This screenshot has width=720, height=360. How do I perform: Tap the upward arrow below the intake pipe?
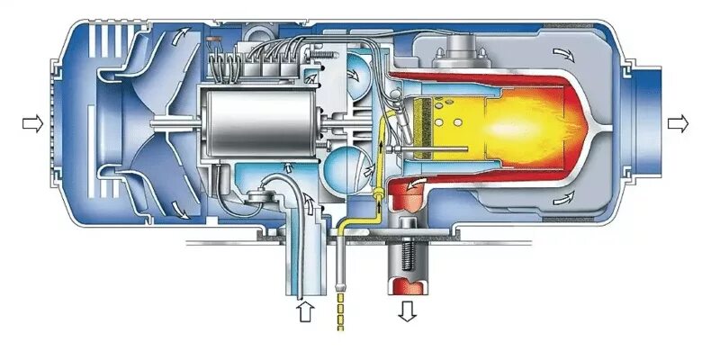coord(304,312)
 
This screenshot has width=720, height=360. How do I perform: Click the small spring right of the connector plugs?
coord(318,57)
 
